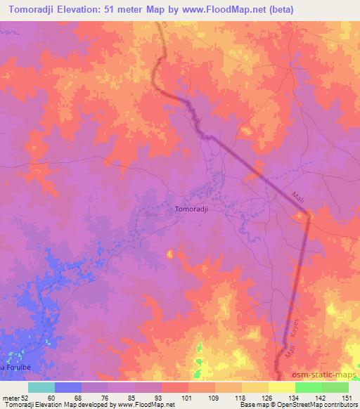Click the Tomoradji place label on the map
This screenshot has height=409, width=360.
pos(192,209)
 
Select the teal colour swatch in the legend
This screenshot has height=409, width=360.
pos(41,387)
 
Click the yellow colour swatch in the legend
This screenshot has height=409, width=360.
pos(281,387)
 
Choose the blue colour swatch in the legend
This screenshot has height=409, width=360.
pos(68,387)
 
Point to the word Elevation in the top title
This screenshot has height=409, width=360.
pos(82,11)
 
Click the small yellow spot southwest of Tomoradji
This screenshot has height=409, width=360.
pos(169,253)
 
